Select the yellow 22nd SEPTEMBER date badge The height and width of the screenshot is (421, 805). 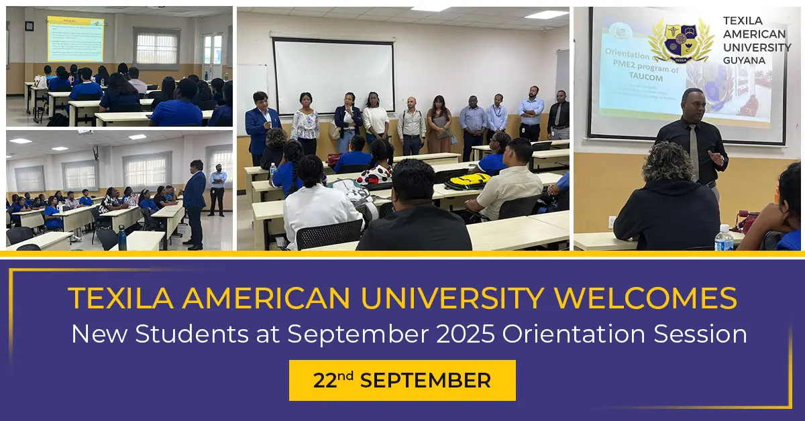tap(402, 381)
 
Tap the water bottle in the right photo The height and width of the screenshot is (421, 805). tap(723, 237)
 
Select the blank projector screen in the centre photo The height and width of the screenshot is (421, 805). tap(333, 76)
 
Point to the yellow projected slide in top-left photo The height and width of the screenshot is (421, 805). tap(75, 39)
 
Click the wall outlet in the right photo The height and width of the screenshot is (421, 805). tap(612, 222)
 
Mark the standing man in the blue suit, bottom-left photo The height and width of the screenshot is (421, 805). tap(194, 201)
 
